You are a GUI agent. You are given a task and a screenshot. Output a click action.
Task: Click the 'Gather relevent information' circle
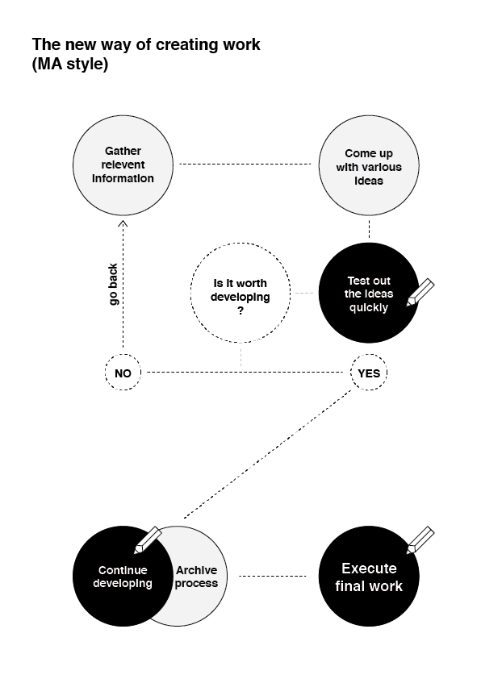tap(123, 165)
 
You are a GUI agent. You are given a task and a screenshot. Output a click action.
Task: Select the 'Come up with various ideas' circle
tap(369, 165)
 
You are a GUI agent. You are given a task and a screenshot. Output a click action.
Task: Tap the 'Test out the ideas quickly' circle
tap(369, 294)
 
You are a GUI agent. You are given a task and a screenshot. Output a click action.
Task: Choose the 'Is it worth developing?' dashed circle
tap(240, 294)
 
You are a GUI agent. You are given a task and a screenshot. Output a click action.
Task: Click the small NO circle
tap(123, 373)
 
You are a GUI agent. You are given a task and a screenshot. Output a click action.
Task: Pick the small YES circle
tap(369, 373)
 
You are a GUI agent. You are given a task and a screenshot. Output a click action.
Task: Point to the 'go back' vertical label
tap(113, 284)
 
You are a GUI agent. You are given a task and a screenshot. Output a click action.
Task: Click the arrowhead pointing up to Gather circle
tap(123, 223)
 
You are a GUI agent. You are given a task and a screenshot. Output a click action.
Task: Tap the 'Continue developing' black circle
tap(123, 577)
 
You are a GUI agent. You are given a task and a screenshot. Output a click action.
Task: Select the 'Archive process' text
tap(196, 577)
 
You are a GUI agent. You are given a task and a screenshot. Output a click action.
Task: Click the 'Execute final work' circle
tap(369, 577)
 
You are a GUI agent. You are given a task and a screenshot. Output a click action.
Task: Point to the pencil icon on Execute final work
tap(420, 540)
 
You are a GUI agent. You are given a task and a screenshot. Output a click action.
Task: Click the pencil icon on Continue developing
tap(148, 540)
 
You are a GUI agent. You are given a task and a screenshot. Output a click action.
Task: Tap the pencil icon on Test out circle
tap(420, 292)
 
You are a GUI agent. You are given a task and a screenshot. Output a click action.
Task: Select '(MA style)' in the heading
tap(70, 64)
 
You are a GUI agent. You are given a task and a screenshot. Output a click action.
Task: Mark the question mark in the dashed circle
tap(240, 310)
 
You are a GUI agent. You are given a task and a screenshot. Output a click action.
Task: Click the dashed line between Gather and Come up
tap(245, 165)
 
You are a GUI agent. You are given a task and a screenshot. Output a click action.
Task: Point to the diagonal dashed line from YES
tap(267, 454)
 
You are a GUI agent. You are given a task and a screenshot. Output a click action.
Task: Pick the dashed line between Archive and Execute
tap(273, 576)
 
